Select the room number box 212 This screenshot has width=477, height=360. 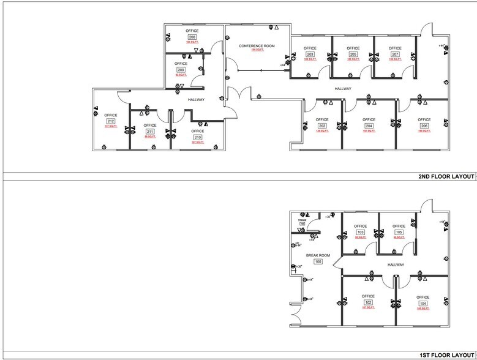[111, 121]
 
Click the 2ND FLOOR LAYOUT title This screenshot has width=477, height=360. [446, 177]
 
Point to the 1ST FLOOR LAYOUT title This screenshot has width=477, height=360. [446, 354]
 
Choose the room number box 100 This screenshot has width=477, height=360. [318, 261]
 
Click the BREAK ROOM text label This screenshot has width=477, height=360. [318, 255]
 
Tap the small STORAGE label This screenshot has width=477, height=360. [302, 220]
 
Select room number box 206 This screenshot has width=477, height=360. [424, 126]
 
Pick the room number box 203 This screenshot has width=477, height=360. [310, 54]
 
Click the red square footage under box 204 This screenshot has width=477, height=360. [369, 131]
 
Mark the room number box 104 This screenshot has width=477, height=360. [423, 303]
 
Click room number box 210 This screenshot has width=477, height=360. [197, 137]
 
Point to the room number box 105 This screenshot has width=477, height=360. [399, 233]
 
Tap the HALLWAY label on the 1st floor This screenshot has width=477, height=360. [396, 264]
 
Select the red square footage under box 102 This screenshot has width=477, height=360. [367, 309]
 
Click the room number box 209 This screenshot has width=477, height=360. [181, 70]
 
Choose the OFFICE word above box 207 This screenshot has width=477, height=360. [395, 48]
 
